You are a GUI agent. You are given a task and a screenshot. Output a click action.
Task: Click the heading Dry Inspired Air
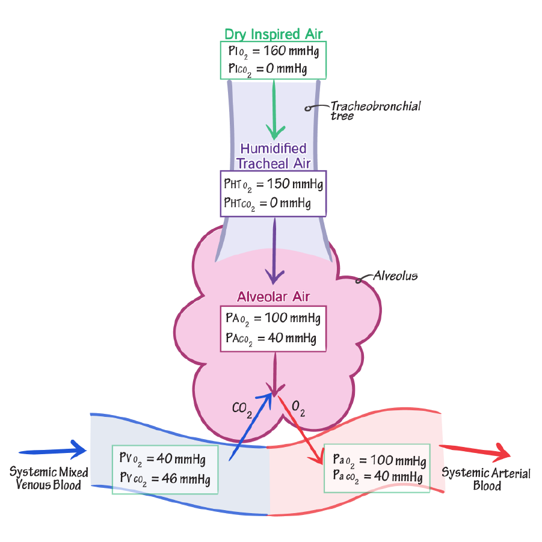[274, 34]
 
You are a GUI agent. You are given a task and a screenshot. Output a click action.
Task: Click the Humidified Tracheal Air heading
[273, 156]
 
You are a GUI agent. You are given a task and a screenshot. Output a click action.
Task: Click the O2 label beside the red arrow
[298, 410]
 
